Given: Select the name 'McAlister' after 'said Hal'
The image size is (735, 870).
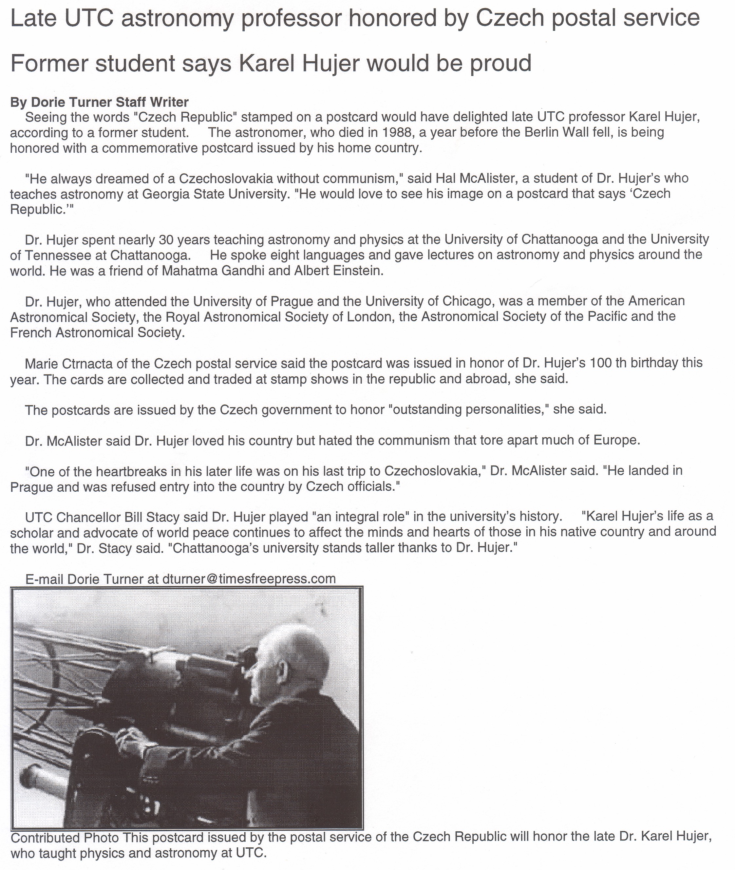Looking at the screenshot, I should [481, 178].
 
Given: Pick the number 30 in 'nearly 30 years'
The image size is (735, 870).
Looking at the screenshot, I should [166, 239].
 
